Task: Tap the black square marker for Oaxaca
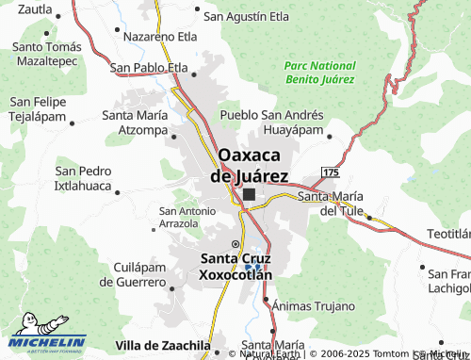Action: [249, 195]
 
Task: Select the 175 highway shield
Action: [329, 172]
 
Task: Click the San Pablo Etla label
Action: [149, 67]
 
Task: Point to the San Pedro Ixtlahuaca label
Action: [84, 178]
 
